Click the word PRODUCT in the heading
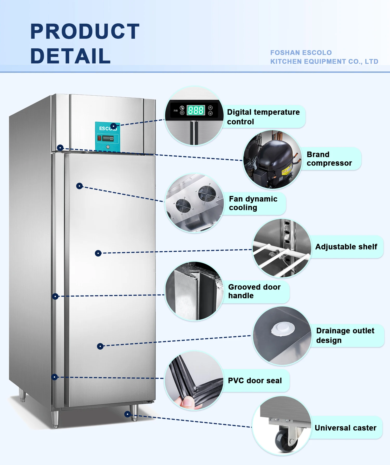(x=85, y=32)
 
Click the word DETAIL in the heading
(x=70, y=56)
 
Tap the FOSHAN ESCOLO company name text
(x=301, y=53)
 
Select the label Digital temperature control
(x=263, y=117)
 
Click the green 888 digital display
(x=196, y=110)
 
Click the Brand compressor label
(x=329, y=159)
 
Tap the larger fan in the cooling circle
(x=207, y=193)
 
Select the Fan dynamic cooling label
(x=253, y=203)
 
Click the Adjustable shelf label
(x=346, y=247)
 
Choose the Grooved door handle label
(x=254, y=291)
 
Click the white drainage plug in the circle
(x=283, y=329)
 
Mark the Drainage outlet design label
(x=345, y=335)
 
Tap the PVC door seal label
(x=255, y=381)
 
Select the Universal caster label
(x=345, y=428)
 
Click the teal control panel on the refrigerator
(x=107, y=137)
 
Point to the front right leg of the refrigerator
(x=134, y=413)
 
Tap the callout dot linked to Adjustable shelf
(x=98, y=253)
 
